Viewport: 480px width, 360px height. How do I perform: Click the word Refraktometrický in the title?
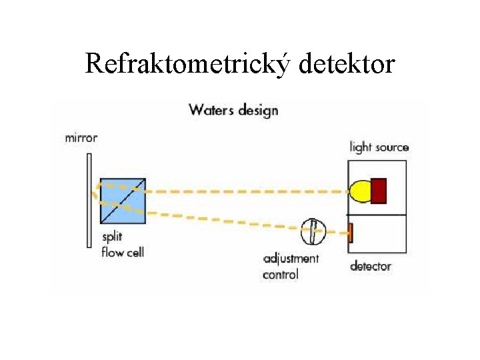click(x=189, y=64)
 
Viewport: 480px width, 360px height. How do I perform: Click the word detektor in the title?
click(x=347, y=64)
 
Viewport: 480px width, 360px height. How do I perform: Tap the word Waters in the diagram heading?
click(x=212, y=110)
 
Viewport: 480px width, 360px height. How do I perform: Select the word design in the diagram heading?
click(x=258, y=111)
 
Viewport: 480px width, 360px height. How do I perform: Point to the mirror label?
click(x=81, y=139)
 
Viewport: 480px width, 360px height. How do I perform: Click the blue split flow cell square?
click(x=123, y=201)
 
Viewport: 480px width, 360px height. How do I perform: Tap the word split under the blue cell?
click(x=112, y=237)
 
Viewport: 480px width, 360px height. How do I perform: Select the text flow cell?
click(x=123, y=252)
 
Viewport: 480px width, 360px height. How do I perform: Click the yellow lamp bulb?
click(x=361, y=191)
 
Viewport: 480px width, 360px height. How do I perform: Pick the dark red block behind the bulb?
click(x=379, y=191)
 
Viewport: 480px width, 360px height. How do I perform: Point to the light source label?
click(x=379, y=147)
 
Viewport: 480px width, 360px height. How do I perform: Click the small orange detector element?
click(x=350, y=233)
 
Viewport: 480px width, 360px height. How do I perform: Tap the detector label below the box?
click(x=371, y=267)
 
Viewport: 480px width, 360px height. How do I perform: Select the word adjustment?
click(x=291, y=259)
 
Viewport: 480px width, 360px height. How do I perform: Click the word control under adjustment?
click(x=281, y=274)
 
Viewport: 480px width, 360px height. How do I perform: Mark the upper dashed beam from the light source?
click(x=247, y=191)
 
